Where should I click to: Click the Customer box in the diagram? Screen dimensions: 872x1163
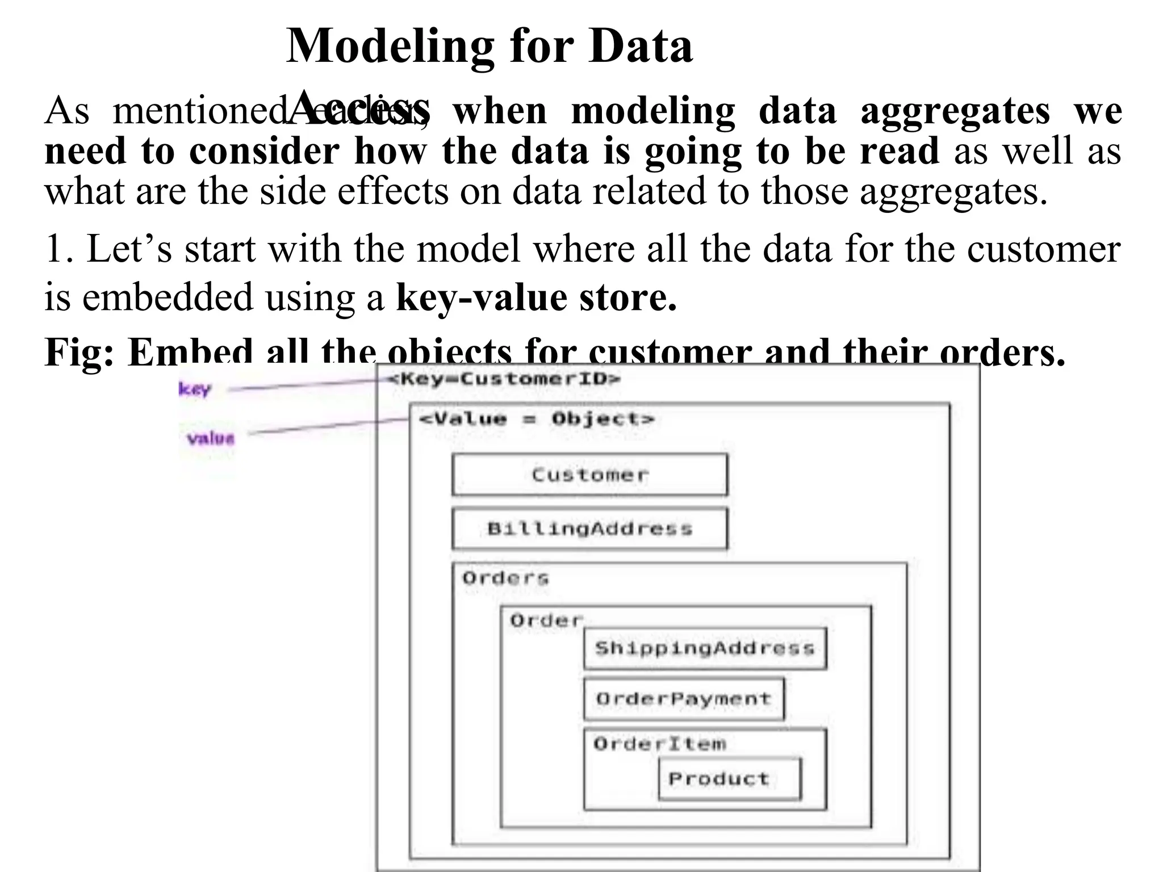(x=589, y=475)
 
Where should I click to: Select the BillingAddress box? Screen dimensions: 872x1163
(x=589, y=529)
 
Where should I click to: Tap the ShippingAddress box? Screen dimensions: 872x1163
(x=705, y=648)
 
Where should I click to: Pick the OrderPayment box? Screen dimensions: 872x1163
(x=684, y=699)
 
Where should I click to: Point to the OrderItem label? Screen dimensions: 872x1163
(x=660, y=744)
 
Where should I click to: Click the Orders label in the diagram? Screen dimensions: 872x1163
(x=505, y=578)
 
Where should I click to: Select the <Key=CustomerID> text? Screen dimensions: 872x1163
(x=504, y=379)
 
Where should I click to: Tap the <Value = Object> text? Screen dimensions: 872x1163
(x=537, y=420)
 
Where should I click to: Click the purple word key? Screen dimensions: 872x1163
(x=195, y=389)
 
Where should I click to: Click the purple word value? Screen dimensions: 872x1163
(x=211, y=438)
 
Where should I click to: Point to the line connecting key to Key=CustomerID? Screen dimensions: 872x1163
(x=307, y=385)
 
